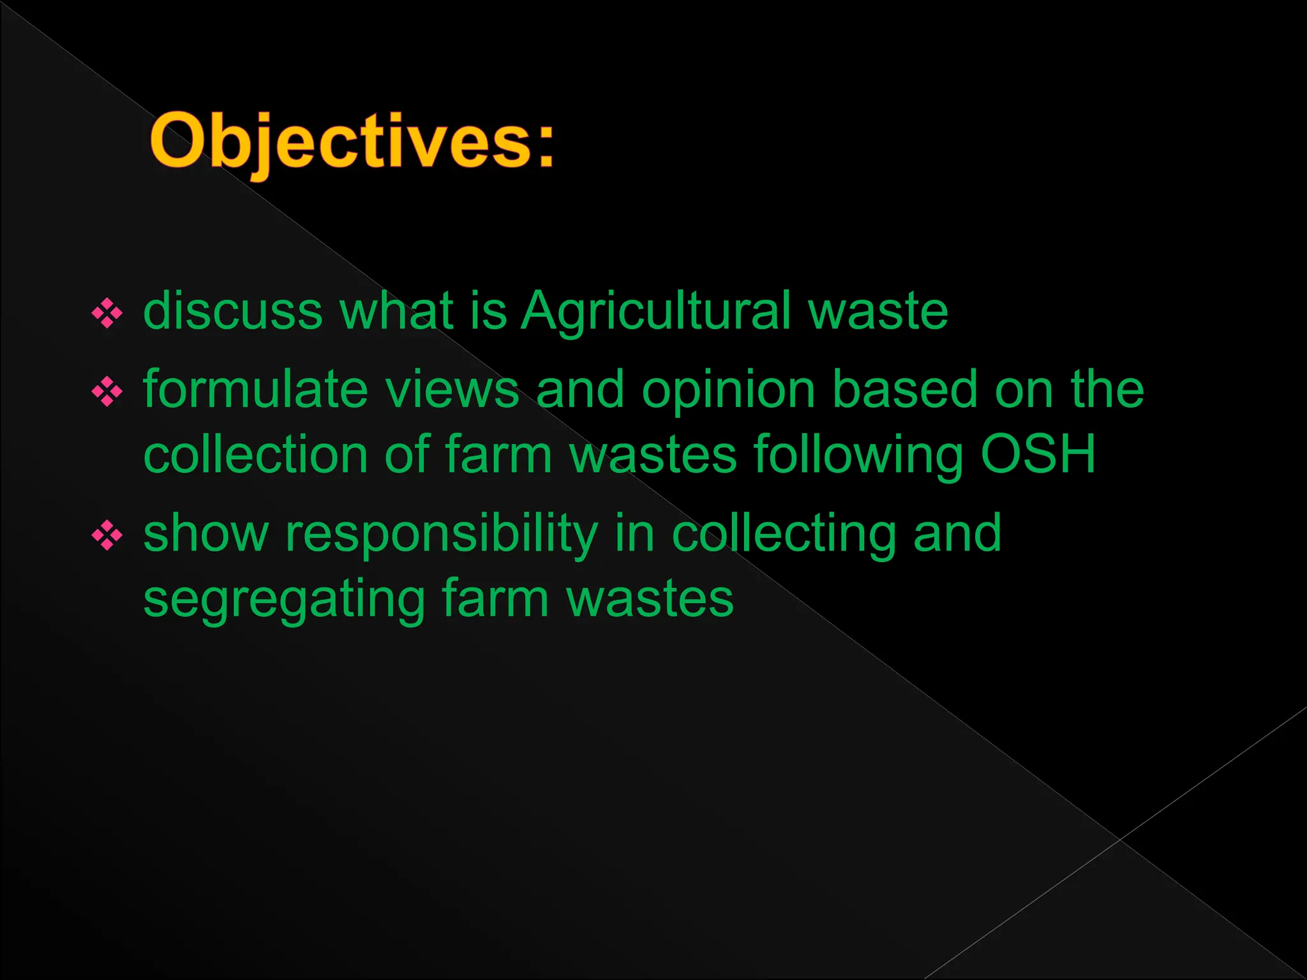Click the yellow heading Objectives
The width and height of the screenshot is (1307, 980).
(351, 142)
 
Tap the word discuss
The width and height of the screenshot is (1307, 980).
(233, 311)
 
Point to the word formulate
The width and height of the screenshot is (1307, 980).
(255, 389)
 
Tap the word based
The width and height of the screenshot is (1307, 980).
(905, 389)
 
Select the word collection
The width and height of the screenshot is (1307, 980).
(255, 454)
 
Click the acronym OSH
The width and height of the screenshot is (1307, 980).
(1038, 454)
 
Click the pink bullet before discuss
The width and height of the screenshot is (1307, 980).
(107, 313)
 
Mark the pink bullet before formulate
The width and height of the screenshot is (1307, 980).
(107, 392)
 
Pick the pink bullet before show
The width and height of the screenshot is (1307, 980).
(107, 535)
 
